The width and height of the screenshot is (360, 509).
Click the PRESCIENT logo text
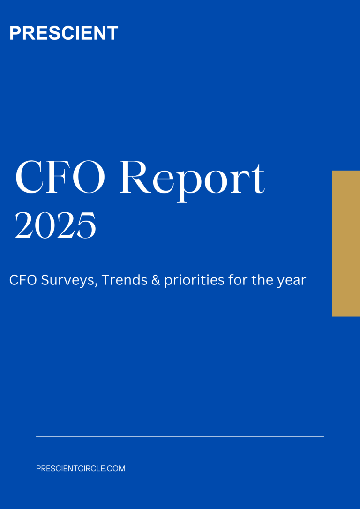click(x=64, y=33)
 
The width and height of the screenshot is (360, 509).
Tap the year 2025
click(x=55, y=225)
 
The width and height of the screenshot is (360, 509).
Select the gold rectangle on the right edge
click(x=346, y=243)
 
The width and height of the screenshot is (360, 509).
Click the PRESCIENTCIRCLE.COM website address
click(x=81, y=468)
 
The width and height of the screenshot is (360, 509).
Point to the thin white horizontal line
click(x=180, y=437)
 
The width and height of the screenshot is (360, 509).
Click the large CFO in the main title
click(x=60, y=178)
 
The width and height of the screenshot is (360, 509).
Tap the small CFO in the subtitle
click(x=22, y=280)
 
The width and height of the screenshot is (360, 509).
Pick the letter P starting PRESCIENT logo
click(x=15, y=33)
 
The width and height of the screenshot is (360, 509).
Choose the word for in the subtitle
click(x=236, y=280)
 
